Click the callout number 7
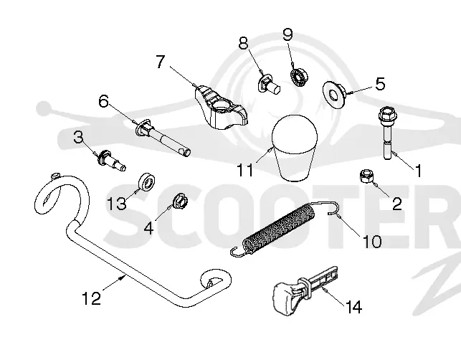[160, 62]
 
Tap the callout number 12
[91, 298]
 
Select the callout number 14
[353, 308]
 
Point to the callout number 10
[372, 242]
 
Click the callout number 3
[78, 137]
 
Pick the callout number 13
[117, 203]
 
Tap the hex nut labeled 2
[366, 176]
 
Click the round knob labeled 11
[295, 147]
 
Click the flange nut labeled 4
[180, 202]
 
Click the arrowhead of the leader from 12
[123, 277]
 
